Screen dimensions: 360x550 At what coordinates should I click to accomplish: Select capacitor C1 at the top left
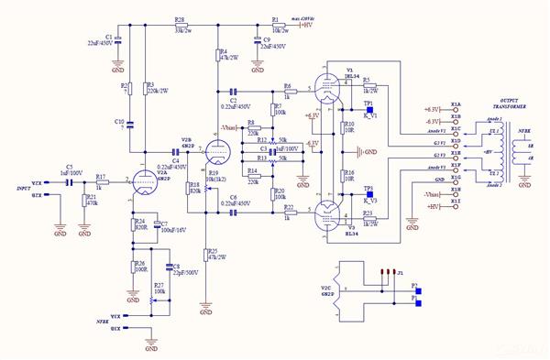click(x=117, y=40)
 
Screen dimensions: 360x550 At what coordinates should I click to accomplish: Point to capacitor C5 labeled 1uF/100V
click(x=69, y=182)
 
